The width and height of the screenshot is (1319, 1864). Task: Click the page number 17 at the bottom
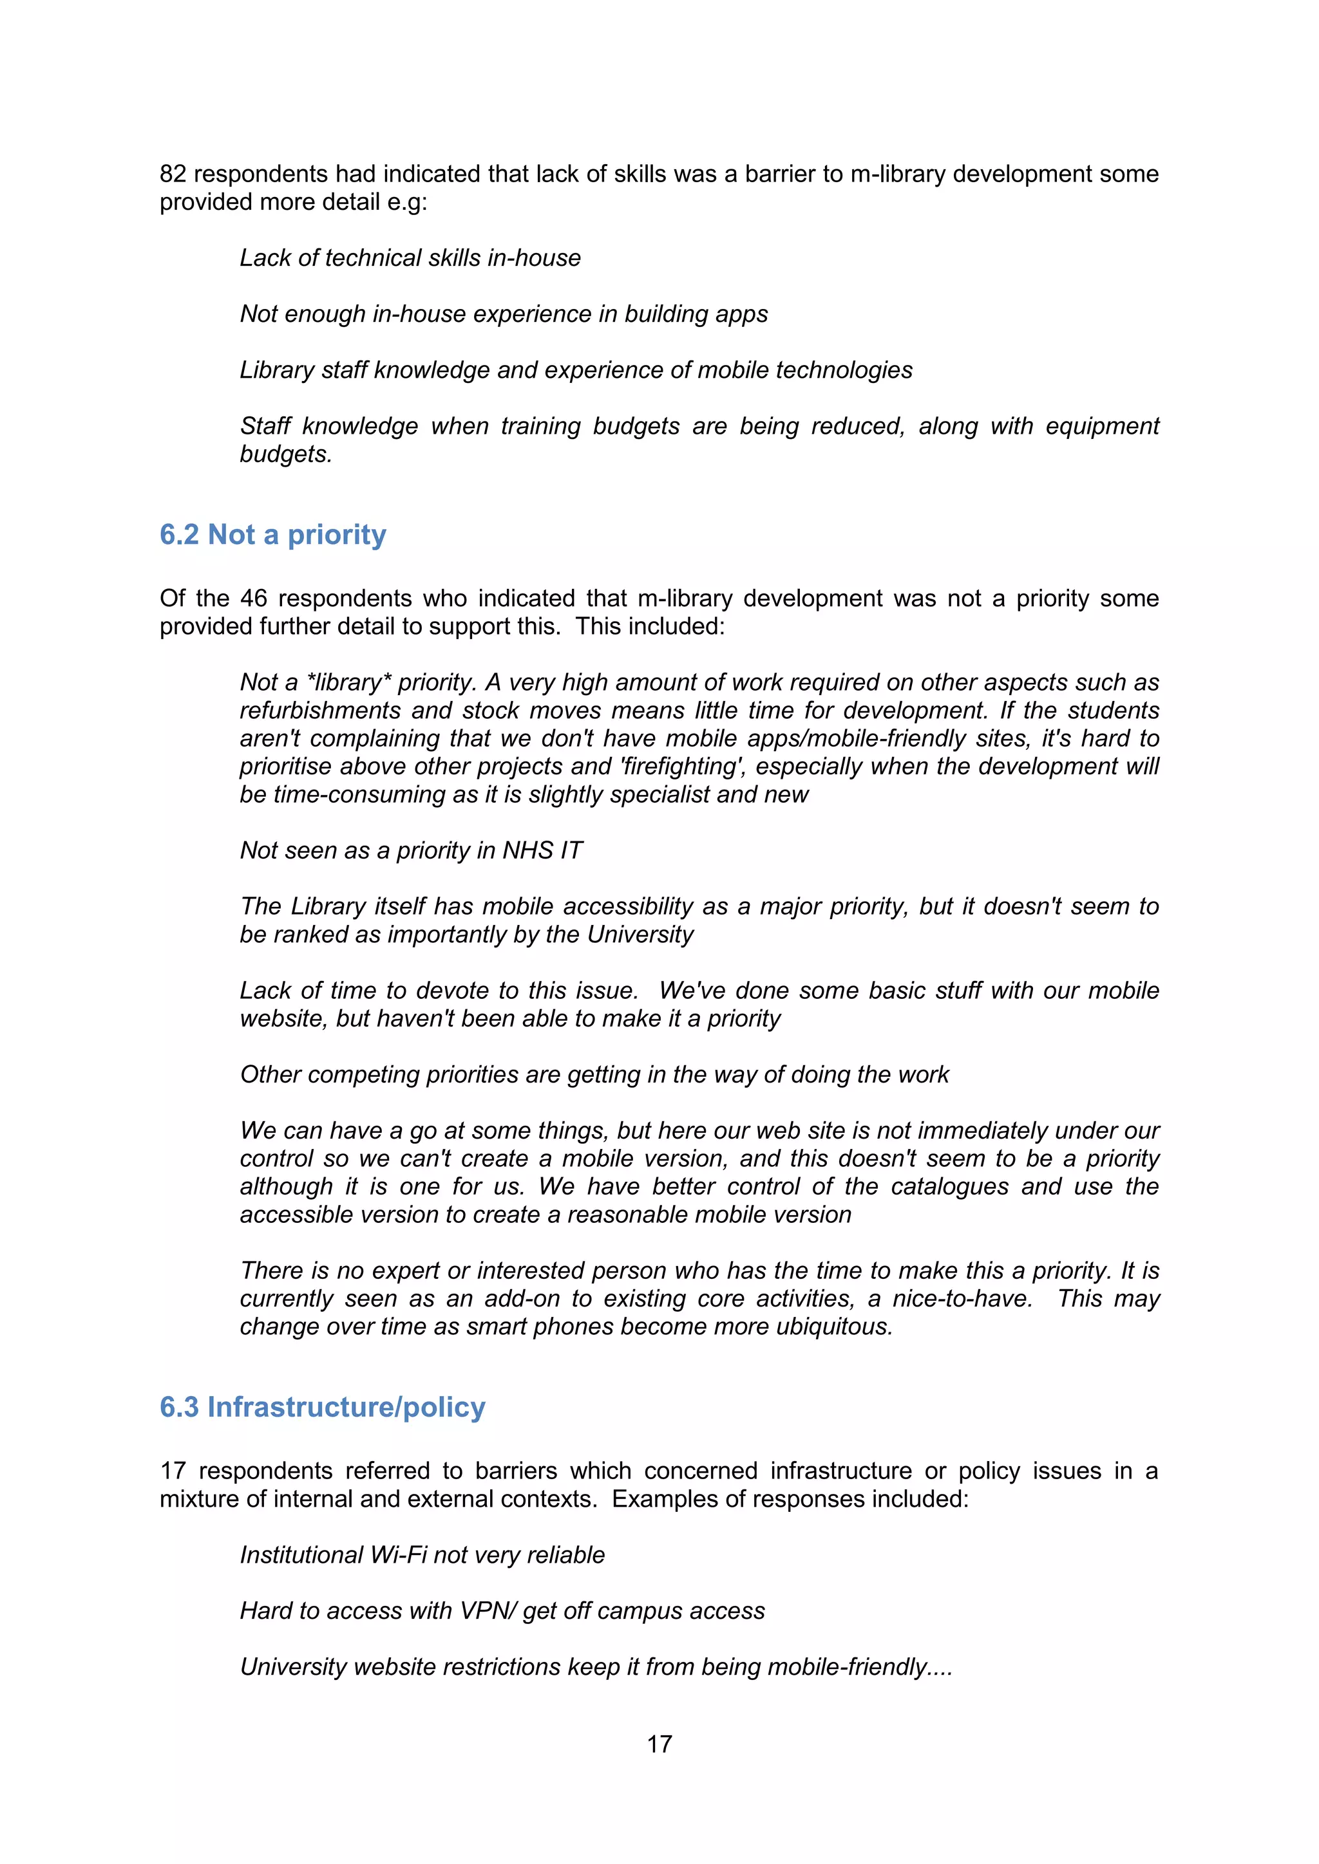click(659, 1743)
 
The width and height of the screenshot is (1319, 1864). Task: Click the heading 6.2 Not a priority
click(273, 535)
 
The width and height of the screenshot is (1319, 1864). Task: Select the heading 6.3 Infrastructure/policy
click(323, 1407)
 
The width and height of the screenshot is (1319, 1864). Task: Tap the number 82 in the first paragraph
click(173, 174)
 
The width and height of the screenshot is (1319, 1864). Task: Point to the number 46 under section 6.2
click(253, 599)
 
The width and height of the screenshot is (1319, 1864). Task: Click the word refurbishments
click(320, 711)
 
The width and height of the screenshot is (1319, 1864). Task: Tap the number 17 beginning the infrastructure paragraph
click(173, 1471)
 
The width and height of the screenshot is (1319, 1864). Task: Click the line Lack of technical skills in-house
click(410, 258)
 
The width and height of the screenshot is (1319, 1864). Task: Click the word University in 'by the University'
click(640, 935)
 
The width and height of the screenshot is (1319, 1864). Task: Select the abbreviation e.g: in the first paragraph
click(406, 202)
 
